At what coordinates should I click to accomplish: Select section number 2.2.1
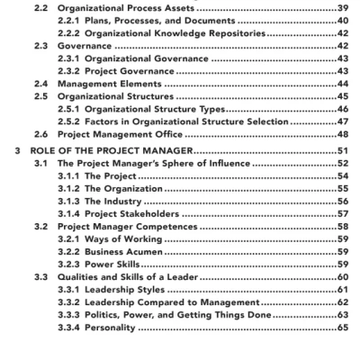tap(68, 19)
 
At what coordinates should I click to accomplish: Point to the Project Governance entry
tap(132, 70)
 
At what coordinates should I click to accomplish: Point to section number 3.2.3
tap(68, 265)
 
